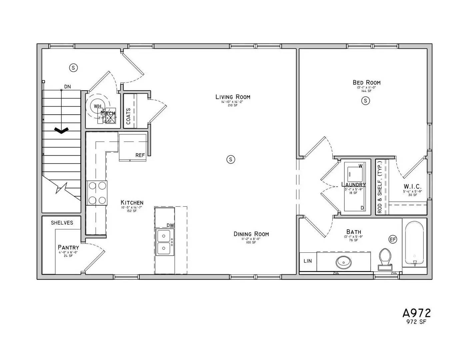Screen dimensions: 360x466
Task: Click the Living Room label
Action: click(233, 97)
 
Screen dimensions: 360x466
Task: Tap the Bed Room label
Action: click(366, 83)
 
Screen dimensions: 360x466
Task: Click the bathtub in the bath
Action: click(414, 242)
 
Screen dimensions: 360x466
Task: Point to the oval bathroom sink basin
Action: click(343, 262)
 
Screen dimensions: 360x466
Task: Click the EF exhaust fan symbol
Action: click(393, 239)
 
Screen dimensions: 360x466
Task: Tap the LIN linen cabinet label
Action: click(308, 261)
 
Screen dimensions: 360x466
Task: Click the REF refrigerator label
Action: click(140, 155)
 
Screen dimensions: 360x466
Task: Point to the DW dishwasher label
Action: click(170, 225)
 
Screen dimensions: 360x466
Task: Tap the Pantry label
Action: click(68, 247)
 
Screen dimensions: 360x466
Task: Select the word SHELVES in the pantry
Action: click(62, 223)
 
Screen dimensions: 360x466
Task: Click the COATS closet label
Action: click(129, 116)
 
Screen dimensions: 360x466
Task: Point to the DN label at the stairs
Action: click(67, 87)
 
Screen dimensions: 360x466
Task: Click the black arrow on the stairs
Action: click(61, 131)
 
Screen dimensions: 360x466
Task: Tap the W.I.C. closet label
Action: click(412, 186)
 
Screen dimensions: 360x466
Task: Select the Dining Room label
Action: click(251, 234)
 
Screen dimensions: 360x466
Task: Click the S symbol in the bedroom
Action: click(365, 100)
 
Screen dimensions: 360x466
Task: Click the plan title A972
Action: click(416, 313)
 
